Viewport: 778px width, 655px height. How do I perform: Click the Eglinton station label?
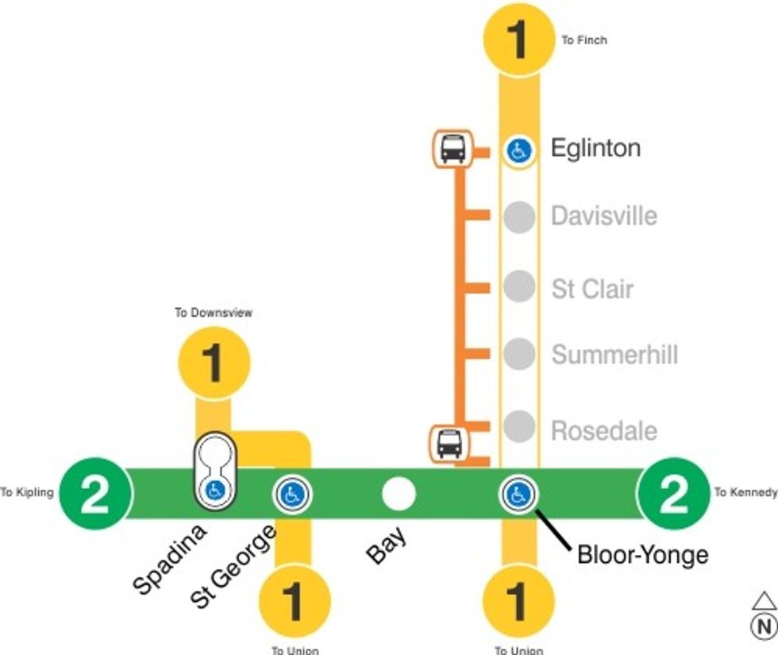coord(595,148)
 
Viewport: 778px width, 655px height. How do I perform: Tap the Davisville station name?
coord(604,216)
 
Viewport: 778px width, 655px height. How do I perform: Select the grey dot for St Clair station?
coord(519,287)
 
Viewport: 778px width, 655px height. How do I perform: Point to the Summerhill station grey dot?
coord(519,353)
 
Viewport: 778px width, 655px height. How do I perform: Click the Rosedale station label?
coord(604,431)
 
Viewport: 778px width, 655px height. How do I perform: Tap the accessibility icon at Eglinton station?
coord(519,149)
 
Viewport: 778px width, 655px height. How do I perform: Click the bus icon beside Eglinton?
coord(453,148)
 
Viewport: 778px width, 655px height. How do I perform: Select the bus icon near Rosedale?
coord(449,443)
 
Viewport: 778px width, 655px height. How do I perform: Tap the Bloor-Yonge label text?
coord(642,554)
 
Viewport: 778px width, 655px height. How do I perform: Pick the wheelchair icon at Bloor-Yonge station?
coord(518,495)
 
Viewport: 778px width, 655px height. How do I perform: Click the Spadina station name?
coord(169,559)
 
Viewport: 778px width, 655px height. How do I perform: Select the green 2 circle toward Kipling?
coord(95,494)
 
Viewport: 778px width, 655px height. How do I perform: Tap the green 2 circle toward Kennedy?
coord(674,494)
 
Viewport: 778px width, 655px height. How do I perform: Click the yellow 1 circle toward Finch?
coord(518,39)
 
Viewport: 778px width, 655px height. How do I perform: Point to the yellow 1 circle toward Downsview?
coord(214,362)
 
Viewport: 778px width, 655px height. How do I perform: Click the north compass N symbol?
coord(764,625)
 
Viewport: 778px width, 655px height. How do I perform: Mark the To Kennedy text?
coord(745,493)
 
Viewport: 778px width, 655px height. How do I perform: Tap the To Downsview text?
coord(214,313)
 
